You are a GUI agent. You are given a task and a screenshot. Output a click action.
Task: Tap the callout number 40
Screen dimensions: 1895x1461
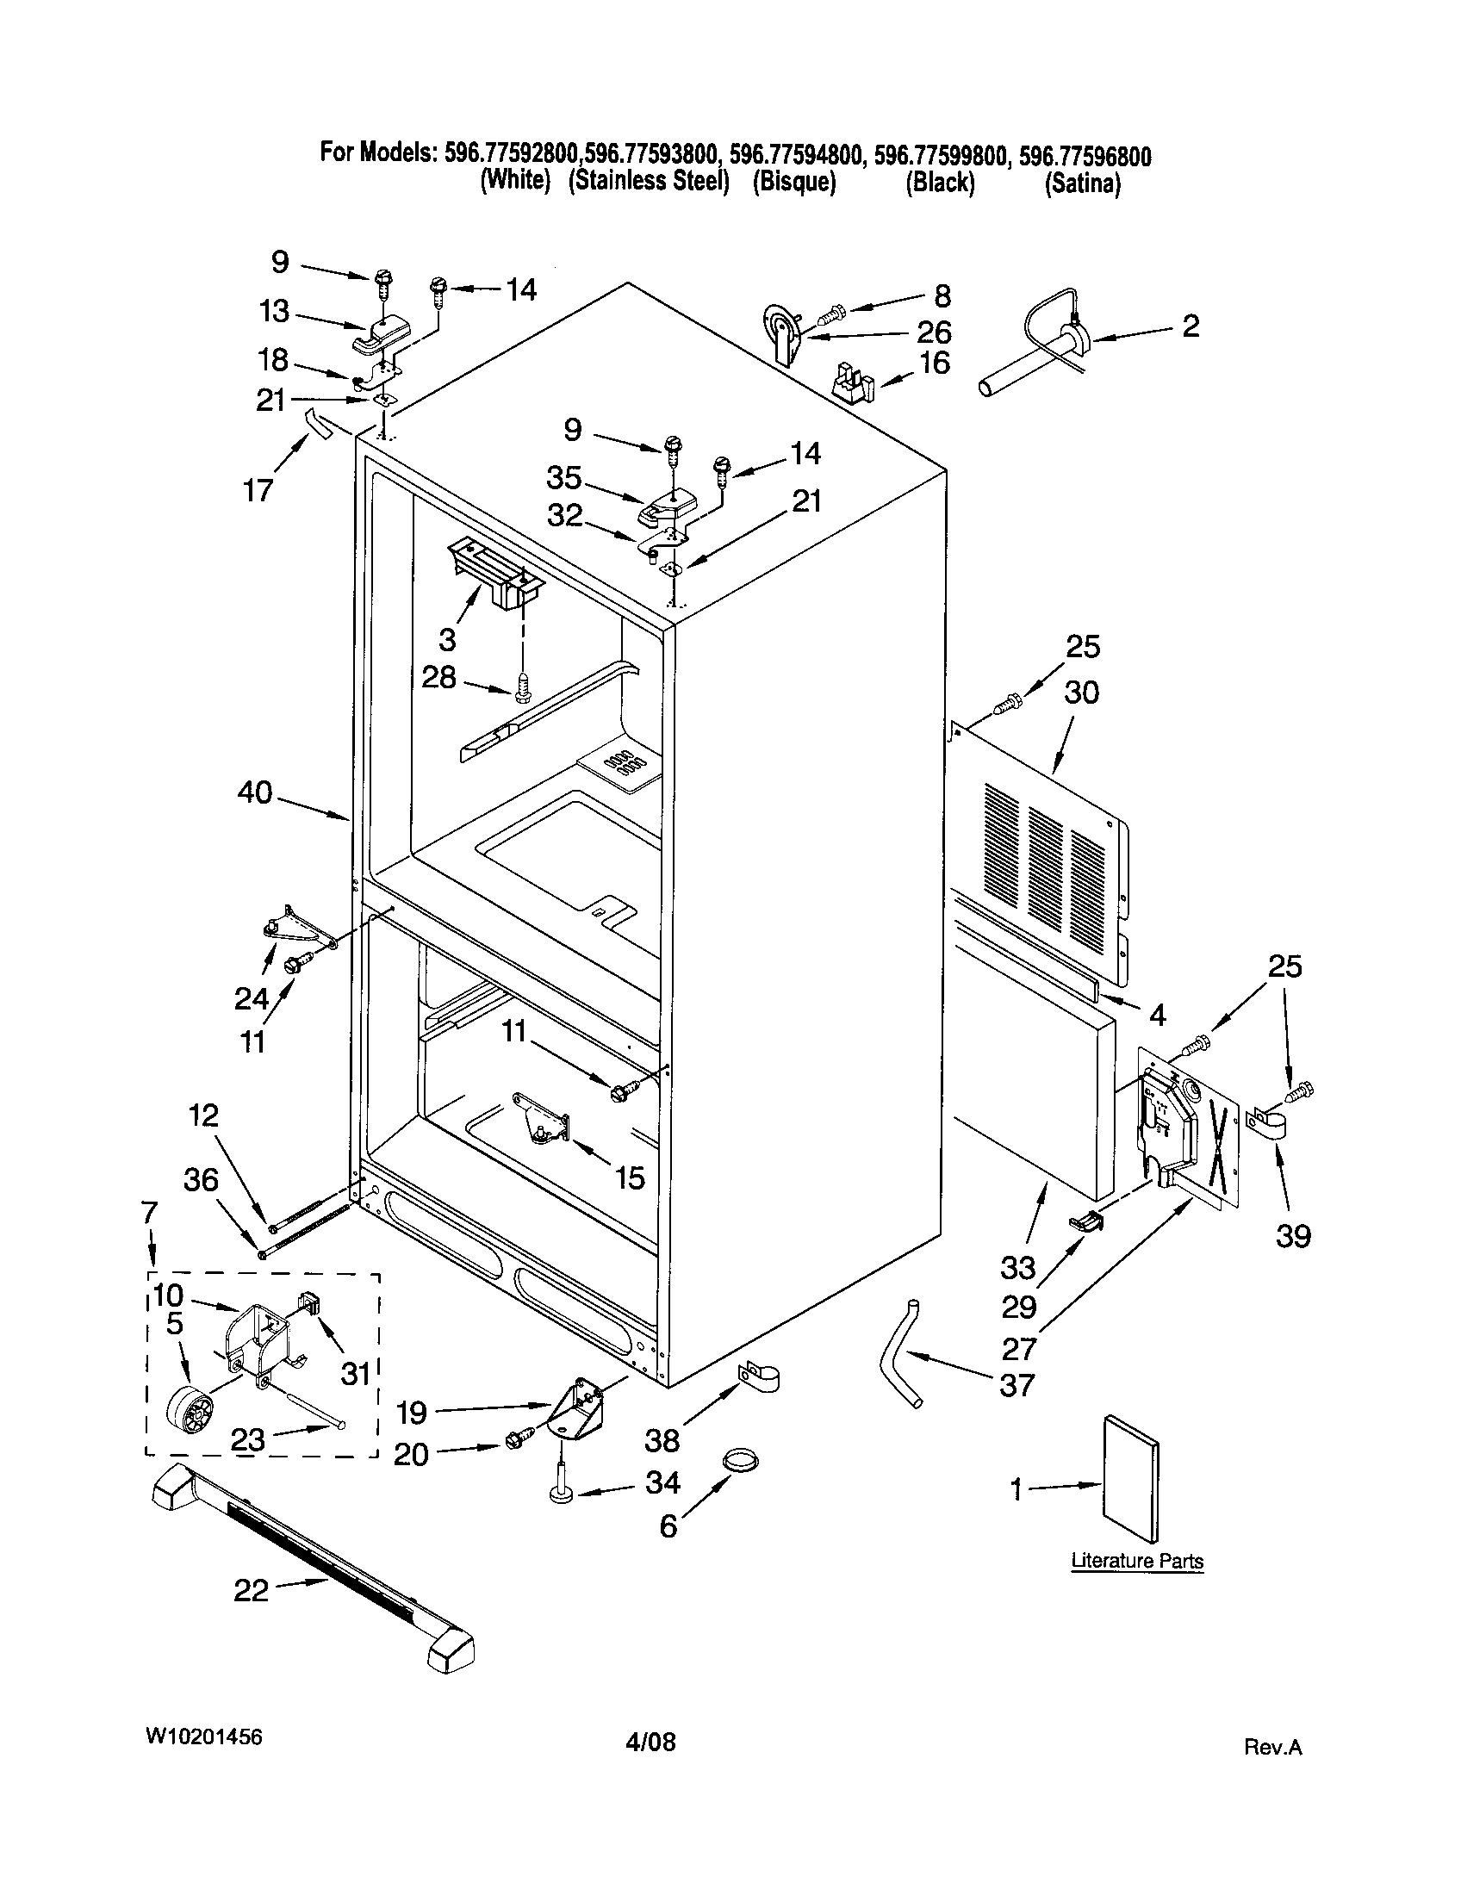(255, 792)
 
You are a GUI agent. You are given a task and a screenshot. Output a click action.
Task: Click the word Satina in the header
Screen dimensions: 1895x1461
(1082, 183)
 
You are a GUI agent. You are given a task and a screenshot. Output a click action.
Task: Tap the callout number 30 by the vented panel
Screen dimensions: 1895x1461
(1081, 692)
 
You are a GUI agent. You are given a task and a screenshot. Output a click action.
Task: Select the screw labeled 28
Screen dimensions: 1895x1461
(521, 691)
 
